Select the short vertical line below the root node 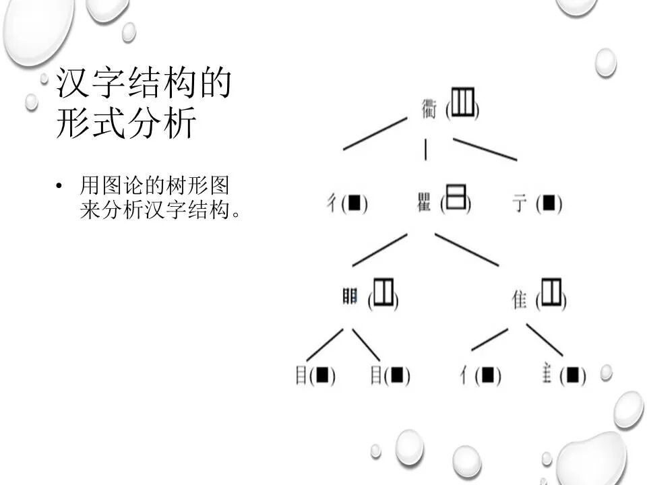click(425, 150)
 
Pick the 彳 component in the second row click(332, 202)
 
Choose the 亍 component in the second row click(520, 203)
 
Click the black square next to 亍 click(549, 203)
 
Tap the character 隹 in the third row click(520, 299)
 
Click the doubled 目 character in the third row click(350, 296)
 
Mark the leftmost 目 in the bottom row click(301, 375)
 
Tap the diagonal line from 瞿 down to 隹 click(466, 249)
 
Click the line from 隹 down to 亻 click(489, 339)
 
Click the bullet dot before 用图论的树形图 click(60, 186)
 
